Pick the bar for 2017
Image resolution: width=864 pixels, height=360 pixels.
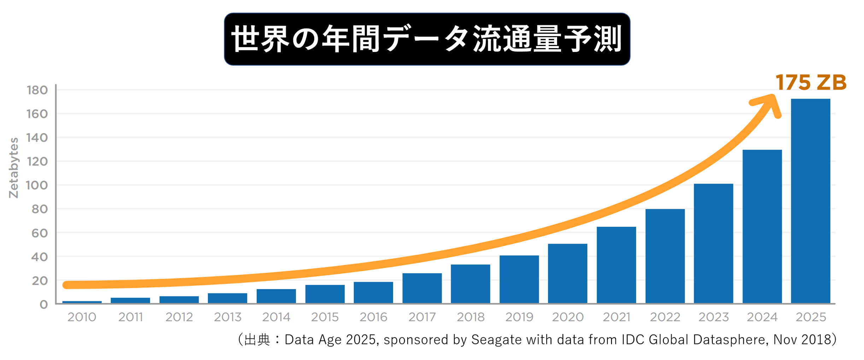[422, 288]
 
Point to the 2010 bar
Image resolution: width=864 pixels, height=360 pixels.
[82, 302]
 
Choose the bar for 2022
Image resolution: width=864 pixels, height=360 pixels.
[665, 256]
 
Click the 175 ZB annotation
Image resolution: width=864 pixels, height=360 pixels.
[811, 82]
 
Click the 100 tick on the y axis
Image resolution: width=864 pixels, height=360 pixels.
[37, 185]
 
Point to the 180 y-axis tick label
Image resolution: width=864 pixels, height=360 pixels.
[37, 90]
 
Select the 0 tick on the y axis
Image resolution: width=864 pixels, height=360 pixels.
[43, 304]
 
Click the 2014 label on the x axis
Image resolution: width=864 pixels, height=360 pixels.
[276, 317]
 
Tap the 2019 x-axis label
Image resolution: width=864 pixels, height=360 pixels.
[519, 317]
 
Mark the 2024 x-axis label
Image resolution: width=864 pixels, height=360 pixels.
[762, 317]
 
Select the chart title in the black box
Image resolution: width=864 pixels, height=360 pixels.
[427, 39]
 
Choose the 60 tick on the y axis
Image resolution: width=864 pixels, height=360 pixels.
[39, 233]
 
